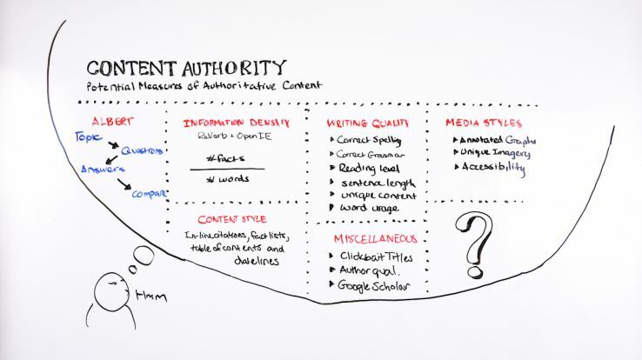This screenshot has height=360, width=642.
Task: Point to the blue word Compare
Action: tap(148, 193)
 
